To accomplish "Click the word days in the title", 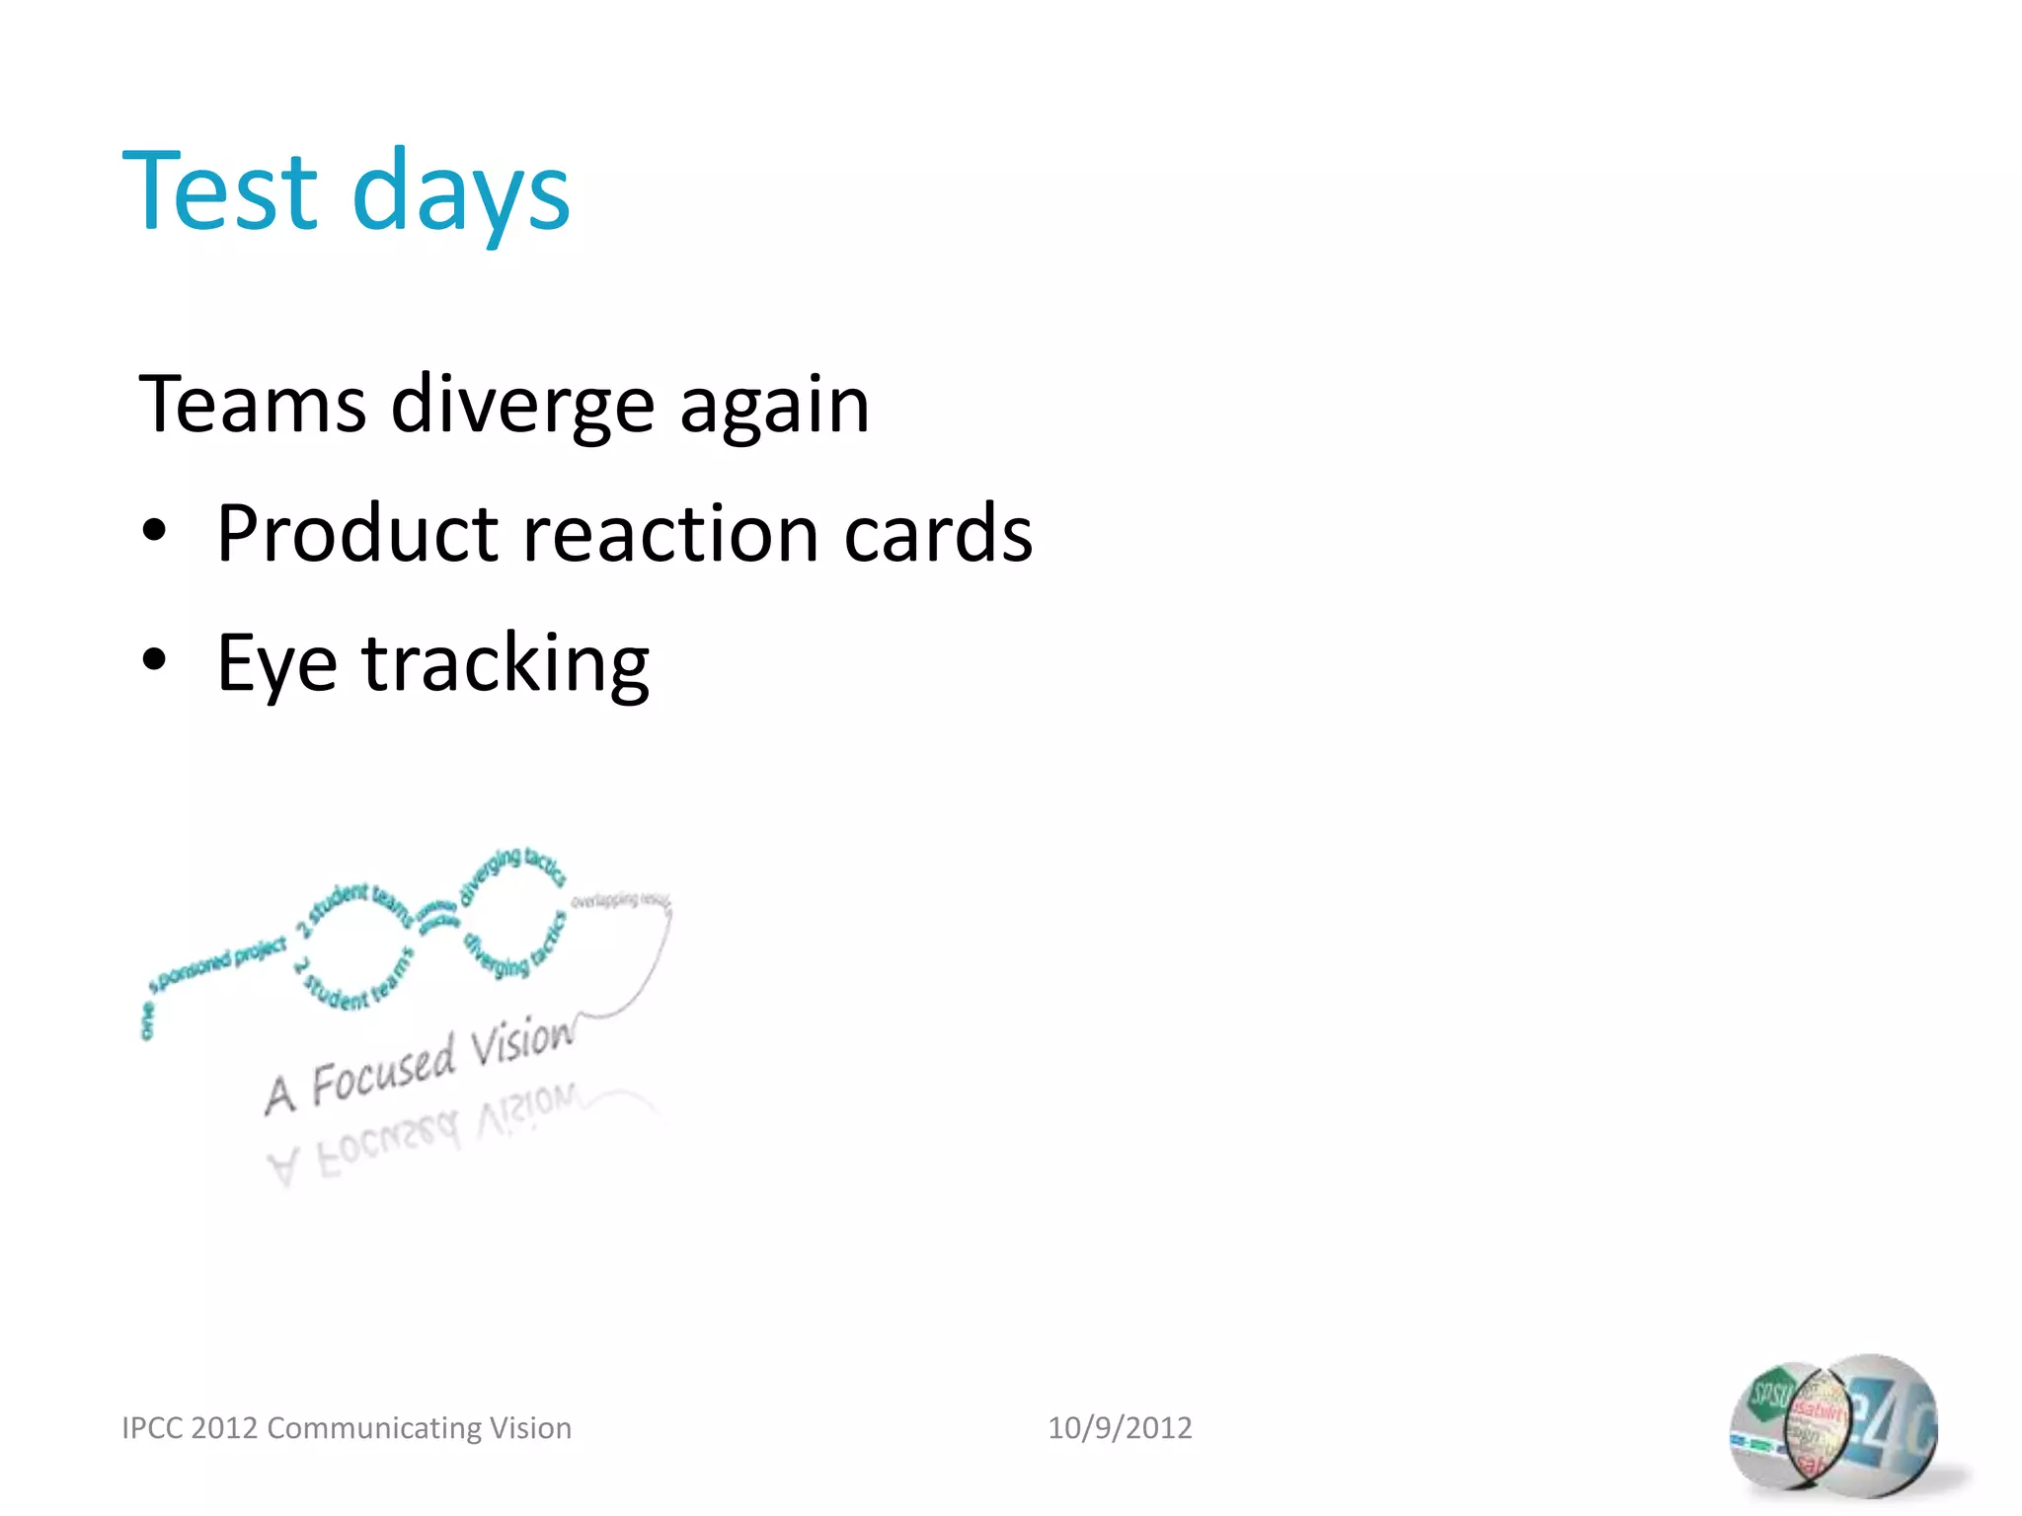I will (460, 193).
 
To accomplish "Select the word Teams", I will (253, 405).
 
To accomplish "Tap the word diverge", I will (522, 405).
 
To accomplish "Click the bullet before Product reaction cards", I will (154, 532).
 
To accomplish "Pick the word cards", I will (938, 534).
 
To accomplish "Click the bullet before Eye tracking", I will (154, 661).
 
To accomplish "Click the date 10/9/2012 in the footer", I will (1120, 1427).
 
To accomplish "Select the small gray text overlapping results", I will (620, 900).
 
